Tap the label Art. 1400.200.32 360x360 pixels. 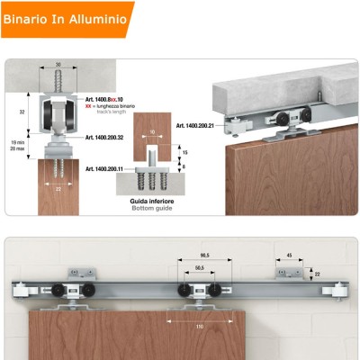coord(110,139)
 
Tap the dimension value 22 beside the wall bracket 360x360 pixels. coord(317,274)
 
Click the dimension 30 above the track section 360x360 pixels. coord(57,65)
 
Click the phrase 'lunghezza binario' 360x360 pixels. coord(114,106)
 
